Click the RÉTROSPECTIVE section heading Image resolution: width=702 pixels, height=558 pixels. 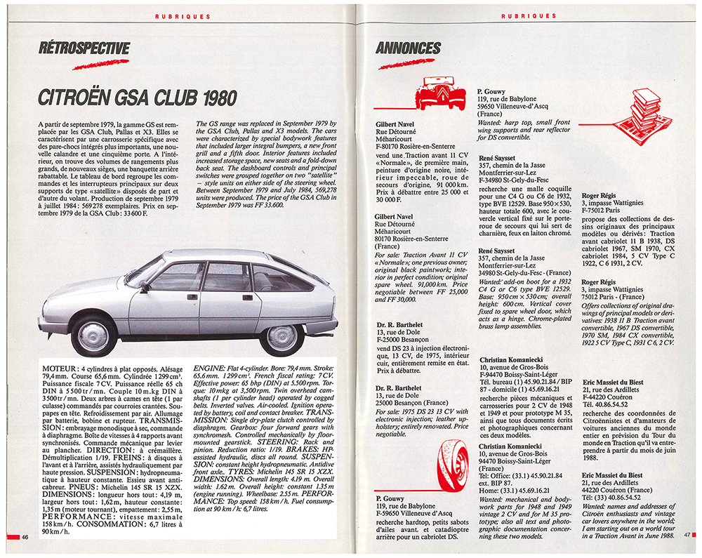coord(85,48)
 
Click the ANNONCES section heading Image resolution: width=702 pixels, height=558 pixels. coord(408,48)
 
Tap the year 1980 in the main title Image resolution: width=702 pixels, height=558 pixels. coord(214,97)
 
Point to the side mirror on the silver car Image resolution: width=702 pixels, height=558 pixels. coord(145,286)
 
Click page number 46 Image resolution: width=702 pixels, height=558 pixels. coord(25,537)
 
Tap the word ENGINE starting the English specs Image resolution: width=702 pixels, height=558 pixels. coord(211,367)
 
